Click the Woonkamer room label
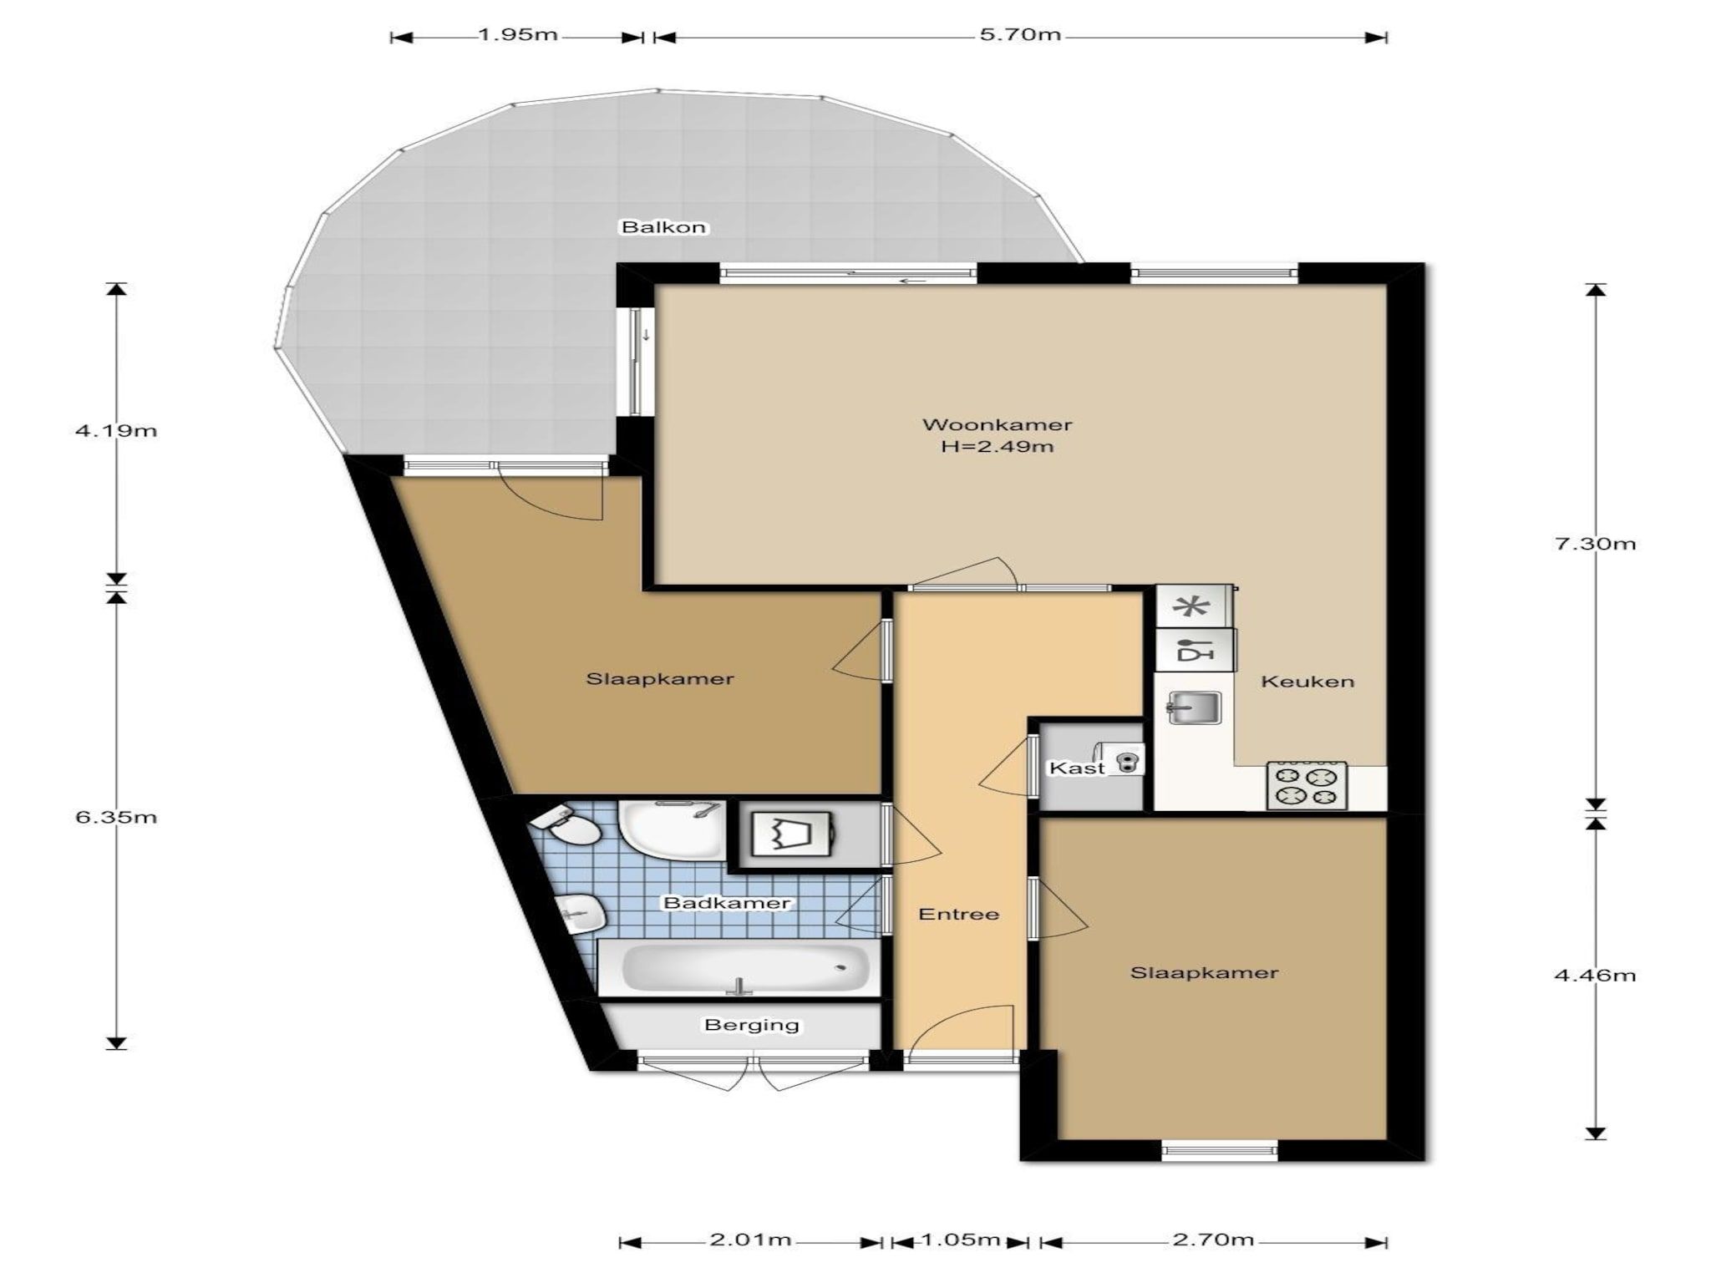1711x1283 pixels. pyautogui.click(x=997, y=424)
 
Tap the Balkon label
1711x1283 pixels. pyautogui.click(x=663, y=226)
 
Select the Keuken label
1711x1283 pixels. pyautogui.click(x=1307, y=682)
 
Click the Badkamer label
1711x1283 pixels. pyautogui.click(x=726, y=903)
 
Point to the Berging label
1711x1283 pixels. pyautogui.click(x=752, y=1025)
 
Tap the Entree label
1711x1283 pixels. pyautogui.click(x=958, y=914)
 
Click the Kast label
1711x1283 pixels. pyautogui.click(x=1077, y=768)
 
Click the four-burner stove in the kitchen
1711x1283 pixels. pyautogui.click(x=1307, y=785)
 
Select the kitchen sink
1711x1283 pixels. pyautogui.click(x=1194, y=708)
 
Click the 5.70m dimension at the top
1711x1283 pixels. pyautogui.click(x=1020, y=35)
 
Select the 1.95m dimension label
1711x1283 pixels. pyautogui.click(x=518, y=35)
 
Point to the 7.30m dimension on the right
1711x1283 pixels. pyautogui.click(x=1595, y=544)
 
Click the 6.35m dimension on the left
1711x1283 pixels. pyautogui.click(x=116, y=817)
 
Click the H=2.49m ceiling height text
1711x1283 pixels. pyautogui.click(x=997, y=446)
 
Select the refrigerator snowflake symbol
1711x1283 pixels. pyautogui.click(x=1193, y=606)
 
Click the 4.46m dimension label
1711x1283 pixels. pyautogui.click(x=1595, y=975)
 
